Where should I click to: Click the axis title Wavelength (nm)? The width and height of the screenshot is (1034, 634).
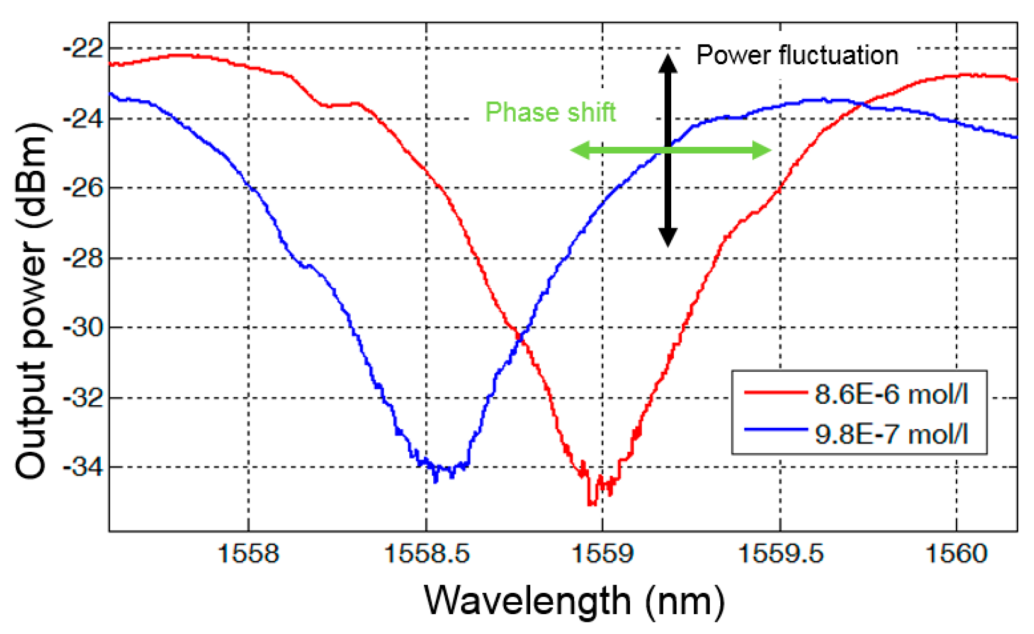point(574,601)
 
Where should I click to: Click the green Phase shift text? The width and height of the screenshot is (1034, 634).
point(550,112)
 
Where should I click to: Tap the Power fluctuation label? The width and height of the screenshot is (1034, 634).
point(797,55)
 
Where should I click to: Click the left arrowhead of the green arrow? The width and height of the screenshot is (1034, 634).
point(578,150)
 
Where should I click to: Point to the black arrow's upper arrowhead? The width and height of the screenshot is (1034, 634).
point(668,63)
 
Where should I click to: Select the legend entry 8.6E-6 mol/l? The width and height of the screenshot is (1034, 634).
point(891,394)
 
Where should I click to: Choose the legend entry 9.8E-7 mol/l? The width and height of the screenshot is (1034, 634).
point(891,434)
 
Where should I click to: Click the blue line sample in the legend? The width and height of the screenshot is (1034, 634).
point(776,430)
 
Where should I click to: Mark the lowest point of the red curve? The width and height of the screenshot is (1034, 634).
point(591,503)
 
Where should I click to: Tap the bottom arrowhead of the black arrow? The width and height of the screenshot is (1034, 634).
point(668,238)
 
